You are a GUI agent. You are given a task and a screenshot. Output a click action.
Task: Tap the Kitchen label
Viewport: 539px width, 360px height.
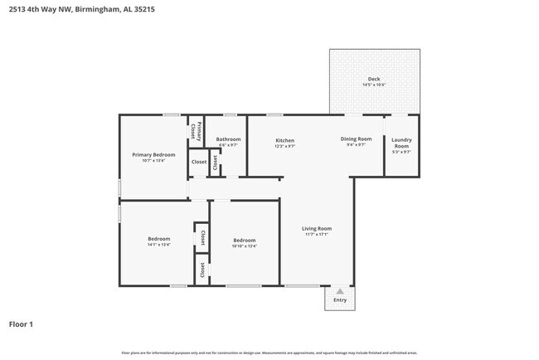click(284, 140)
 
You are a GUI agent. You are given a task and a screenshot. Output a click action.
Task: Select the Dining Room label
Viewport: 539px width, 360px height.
click(356, 139)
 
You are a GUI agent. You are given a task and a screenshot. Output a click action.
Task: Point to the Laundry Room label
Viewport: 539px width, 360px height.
click(401, 143)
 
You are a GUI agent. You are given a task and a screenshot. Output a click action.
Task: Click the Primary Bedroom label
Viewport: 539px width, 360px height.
click(153, 154)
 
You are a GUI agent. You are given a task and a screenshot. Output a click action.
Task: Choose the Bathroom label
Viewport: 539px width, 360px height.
click(228, 139)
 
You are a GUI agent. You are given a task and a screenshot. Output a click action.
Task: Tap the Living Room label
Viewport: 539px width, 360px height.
click(317, 228)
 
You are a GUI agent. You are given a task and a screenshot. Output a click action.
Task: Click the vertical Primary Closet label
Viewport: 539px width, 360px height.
click(192, 130)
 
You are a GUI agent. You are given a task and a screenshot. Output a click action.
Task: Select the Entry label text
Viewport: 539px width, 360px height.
click(340, 299)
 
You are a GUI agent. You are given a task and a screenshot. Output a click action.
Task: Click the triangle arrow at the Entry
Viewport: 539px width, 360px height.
click(340, 290)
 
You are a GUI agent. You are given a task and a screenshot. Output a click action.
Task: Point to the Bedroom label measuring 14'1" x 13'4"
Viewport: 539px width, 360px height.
click(158, 239)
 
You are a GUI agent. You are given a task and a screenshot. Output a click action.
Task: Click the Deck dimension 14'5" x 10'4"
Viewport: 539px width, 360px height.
click(374, 85)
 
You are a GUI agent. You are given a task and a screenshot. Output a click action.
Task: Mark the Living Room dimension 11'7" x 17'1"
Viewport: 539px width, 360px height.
click(317, 234)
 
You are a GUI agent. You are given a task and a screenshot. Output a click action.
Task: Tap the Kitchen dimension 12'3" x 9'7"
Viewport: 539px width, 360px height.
click(284, 146)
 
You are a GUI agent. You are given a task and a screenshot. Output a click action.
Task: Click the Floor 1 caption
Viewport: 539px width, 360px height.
click(21, 324)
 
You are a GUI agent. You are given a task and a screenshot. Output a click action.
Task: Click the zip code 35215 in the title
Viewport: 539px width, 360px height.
click(166, 9)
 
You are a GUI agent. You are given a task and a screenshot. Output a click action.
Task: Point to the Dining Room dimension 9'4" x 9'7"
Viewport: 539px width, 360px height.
click(356, 144)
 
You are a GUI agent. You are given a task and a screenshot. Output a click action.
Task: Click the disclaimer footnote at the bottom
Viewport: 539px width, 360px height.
click(269, 353)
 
